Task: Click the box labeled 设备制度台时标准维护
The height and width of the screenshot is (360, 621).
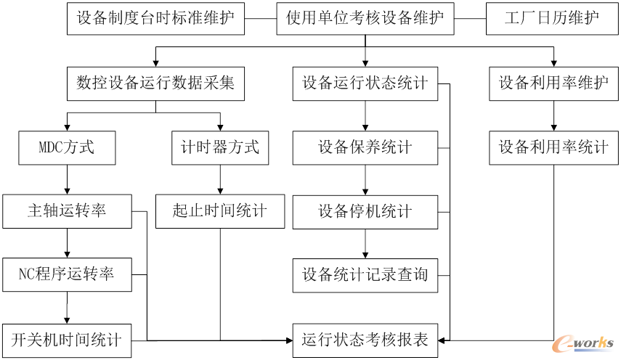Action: coord(155,17)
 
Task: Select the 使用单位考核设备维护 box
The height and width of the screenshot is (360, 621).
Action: coord(365,17)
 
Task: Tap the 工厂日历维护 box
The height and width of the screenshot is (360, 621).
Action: coord(551,17)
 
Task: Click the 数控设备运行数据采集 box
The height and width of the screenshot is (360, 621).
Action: coord(155,83)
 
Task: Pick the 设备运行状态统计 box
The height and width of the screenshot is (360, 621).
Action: coord(365,83)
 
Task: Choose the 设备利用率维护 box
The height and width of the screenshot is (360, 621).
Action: coord(553,83)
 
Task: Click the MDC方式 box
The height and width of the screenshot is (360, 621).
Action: coord(67,147)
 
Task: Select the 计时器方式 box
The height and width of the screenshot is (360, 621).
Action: coord(219,147)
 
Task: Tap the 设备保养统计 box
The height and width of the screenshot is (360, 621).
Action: coord(365,147)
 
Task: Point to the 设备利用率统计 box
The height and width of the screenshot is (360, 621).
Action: coord(553,147)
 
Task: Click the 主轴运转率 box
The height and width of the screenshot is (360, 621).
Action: coord(67,211)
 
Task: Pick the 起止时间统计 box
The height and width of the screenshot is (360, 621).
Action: coord(219,211)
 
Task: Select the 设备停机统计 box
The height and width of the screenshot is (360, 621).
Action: coord(365,211)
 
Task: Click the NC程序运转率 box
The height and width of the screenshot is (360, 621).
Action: coord(67,274)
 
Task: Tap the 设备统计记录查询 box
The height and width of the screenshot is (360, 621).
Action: coord(365,274)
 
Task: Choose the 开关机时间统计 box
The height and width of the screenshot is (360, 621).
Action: coord(67,339)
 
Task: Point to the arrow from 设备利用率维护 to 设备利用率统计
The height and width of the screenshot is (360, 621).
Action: coord(554,116)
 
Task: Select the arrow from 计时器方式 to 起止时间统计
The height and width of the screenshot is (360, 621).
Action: coord(219,179)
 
